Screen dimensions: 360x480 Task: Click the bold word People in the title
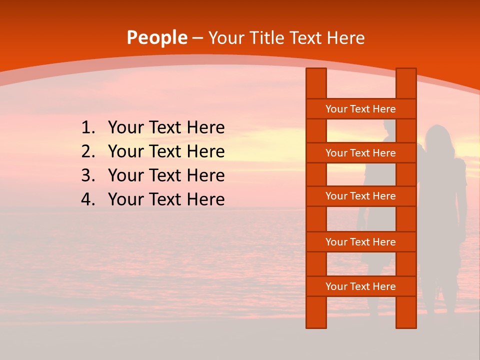(156, 38)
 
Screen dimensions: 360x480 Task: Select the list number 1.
(87, 128)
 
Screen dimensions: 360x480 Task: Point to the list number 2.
(87, 151)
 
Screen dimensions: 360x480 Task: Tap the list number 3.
(87, 175)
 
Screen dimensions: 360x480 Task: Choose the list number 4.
(87, 199)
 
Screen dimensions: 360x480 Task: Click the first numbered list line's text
(166, 128)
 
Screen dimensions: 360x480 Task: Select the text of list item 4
(166, 199)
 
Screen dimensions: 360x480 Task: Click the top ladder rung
(360, 109)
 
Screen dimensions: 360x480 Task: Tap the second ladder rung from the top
(360, 153)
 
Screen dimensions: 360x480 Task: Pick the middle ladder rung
(360, 196)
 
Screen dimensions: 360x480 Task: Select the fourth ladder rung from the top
(360, 242)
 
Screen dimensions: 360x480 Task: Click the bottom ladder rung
(360, 286)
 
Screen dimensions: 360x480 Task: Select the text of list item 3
(166, 175)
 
